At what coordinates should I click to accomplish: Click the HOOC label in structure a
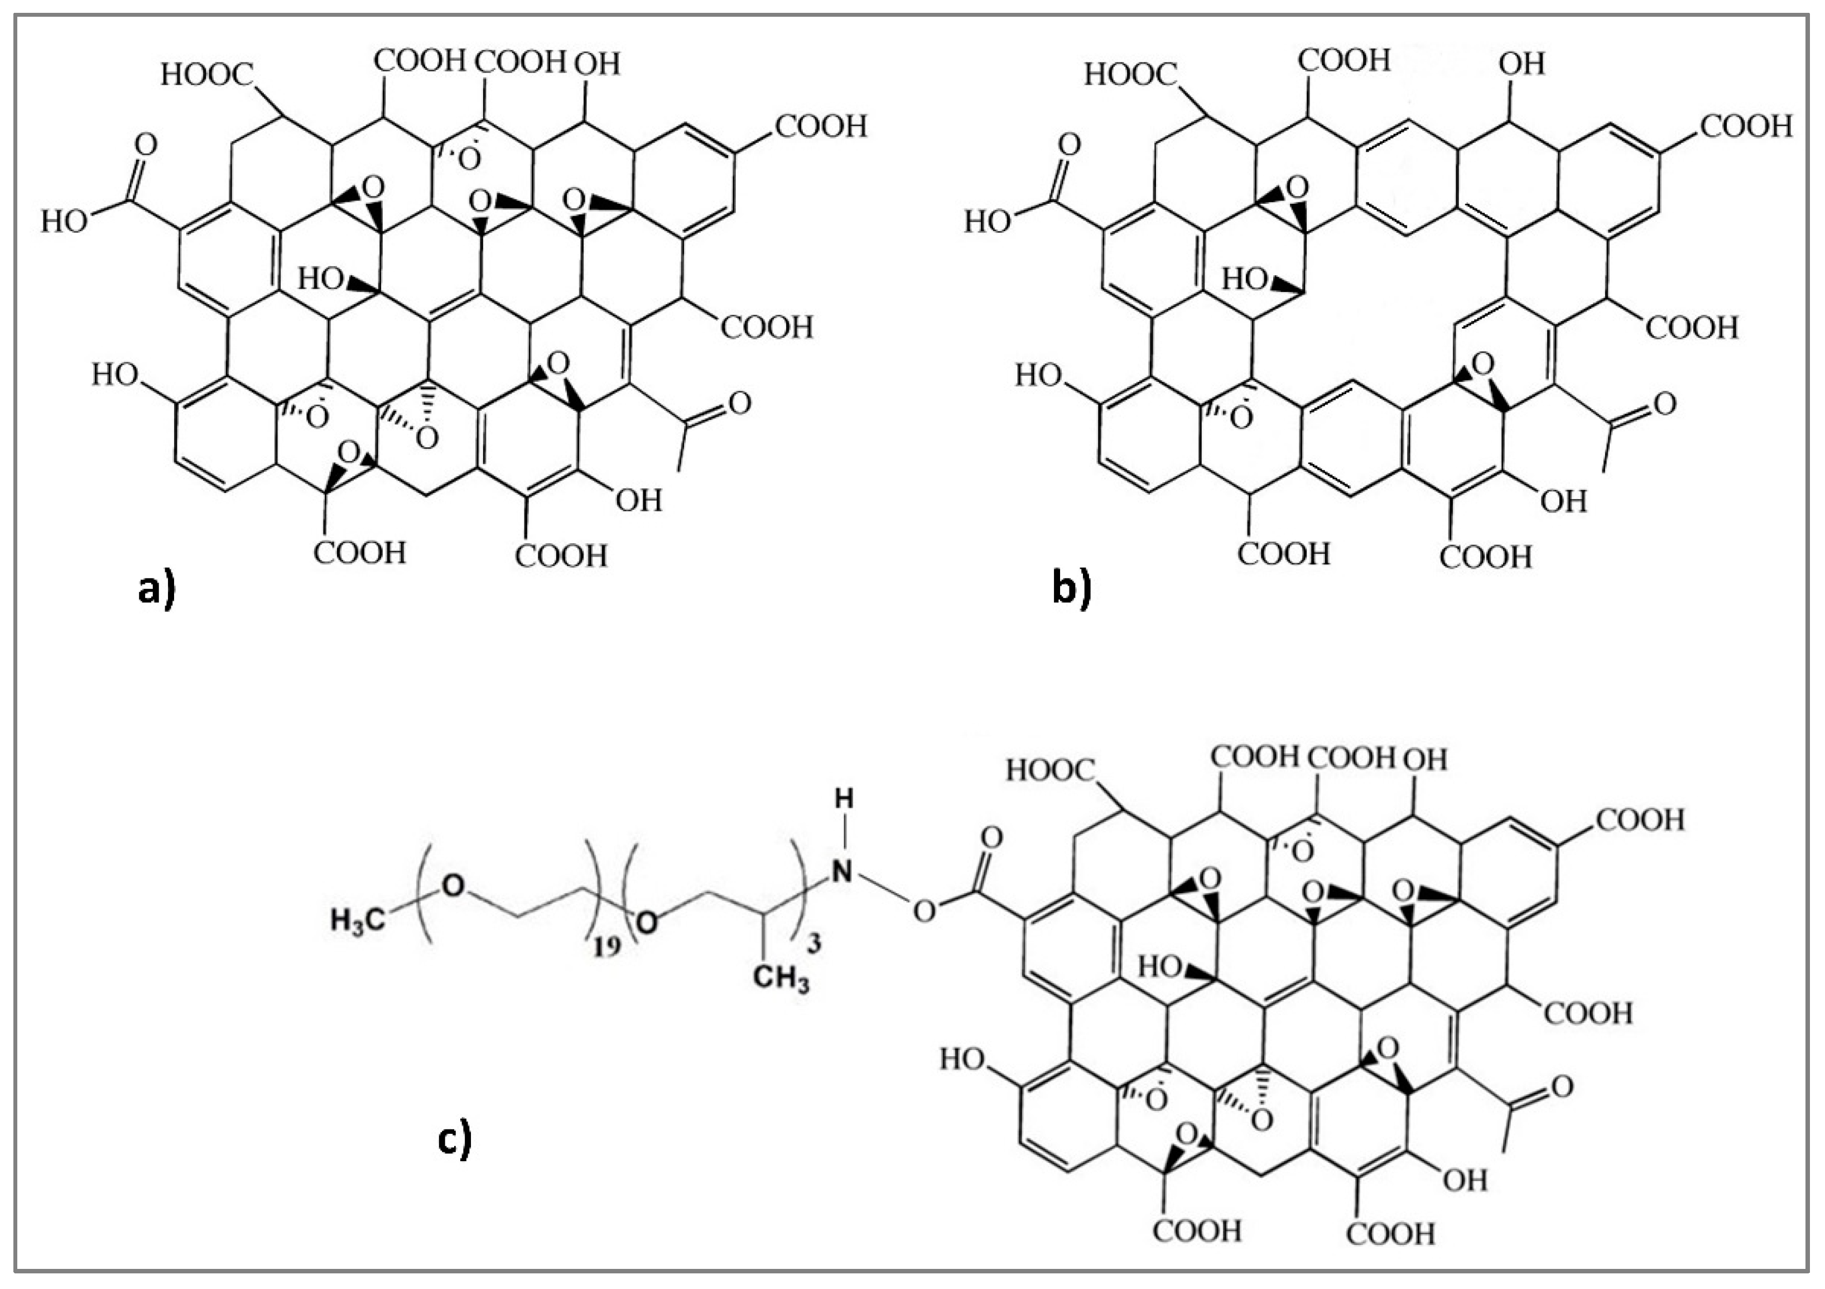click(206, 75)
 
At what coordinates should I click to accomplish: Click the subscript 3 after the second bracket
click(814, 944)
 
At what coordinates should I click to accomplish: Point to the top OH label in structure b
click(1521, 64)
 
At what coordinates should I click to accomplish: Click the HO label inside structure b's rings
click(1244, 279)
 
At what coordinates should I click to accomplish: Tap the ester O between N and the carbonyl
click(923, 911)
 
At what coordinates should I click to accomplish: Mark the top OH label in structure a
click(597, 64)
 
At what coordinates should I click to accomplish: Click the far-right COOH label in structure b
click(1746, 126)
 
